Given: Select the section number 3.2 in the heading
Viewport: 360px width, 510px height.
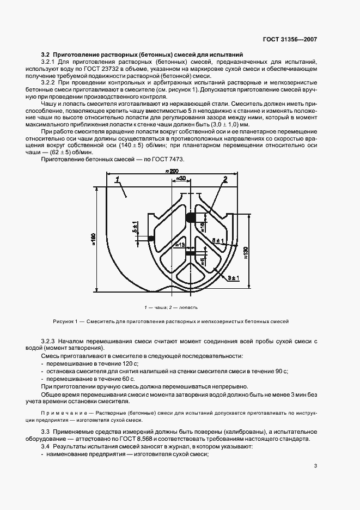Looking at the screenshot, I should click(46, 55).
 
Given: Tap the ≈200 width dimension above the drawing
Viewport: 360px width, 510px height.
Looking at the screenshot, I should click(172, 172).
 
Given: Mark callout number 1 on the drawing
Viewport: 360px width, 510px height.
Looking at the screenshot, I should click(117, 179).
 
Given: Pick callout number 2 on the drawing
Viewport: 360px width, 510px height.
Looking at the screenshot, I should click(224, 179).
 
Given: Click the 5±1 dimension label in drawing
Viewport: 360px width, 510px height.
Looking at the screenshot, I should click(134, 227).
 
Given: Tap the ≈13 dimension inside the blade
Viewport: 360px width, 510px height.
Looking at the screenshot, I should click(179, 245).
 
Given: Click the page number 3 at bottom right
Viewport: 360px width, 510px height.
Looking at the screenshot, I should click(315, 466).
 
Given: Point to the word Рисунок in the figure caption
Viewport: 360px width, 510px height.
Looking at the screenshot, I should click(64, 321).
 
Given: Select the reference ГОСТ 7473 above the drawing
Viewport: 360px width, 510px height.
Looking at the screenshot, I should click(169, 159).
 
